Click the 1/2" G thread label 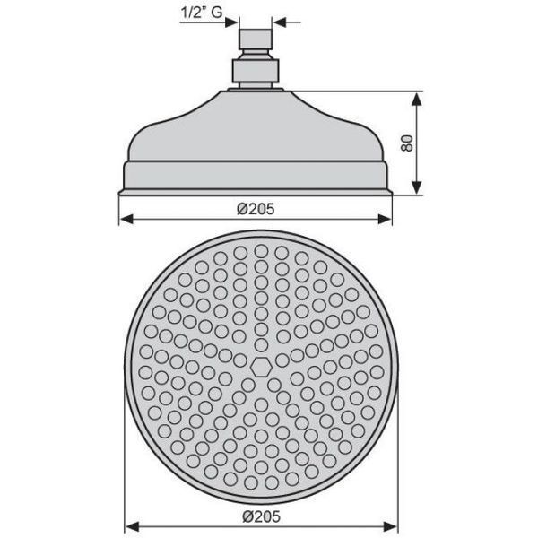202,13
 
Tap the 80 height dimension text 407,143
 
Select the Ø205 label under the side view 256,209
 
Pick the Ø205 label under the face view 261,516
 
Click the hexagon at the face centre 261,368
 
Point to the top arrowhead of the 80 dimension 416,100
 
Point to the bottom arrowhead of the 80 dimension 416,187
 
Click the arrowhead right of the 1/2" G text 231,22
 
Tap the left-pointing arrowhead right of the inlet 280,22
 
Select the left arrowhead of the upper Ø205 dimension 126,219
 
